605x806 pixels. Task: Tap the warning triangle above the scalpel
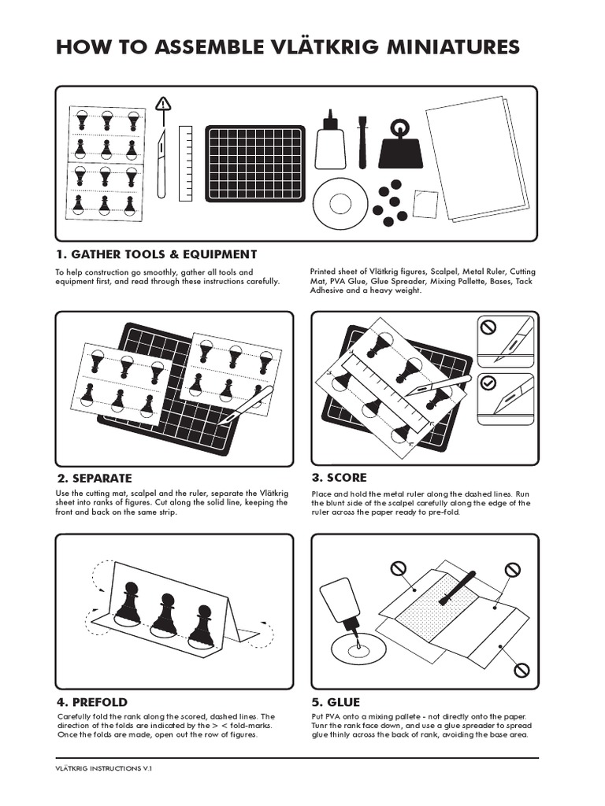(x=163, y=104)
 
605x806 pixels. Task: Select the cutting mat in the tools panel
(x=255, y=163)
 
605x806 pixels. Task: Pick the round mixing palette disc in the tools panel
(x=340, y=203)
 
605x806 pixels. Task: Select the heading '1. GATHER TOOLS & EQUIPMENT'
(x=156, y=254)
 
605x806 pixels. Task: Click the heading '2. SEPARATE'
(x=94, y=478)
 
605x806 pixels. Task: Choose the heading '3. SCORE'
(x=339, y=477)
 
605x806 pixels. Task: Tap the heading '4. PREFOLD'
(x=91, y=701)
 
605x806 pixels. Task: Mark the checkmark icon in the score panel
(x=488, y=382)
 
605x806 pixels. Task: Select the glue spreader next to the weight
(x=362, y=142)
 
